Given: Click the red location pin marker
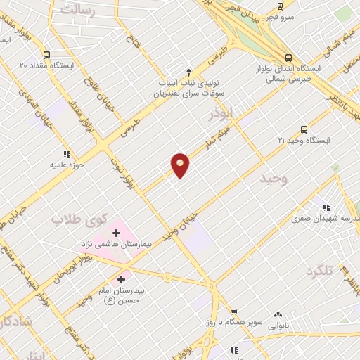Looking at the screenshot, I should [180, 165].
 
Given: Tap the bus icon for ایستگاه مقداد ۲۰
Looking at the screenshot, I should [46, 55].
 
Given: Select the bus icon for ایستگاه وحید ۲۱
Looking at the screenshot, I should [304, 129].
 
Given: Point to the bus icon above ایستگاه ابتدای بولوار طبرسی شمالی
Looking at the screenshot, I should [288, 58].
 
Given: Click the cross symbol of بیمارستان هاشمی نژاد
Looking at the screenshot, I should [116, 232].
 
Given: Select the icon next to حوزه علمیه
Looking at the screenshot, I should [67, 154].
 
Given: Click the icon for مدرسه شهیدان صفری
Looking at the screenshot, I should [326, 207].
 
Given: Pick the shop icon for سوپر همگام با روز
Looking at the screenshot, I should [234, 311].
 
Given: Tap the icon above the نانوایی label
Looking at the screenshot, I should [278, 314].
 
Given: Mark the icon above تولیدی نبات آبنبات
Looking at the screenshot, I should [188, 72].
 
